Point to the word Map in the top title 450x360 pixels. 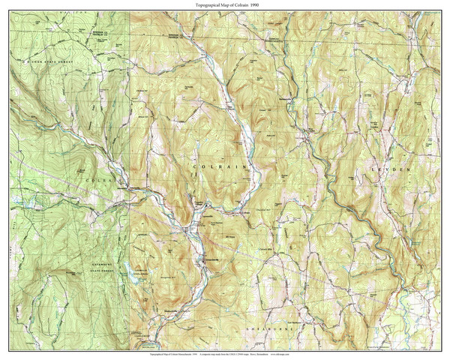[x=216, y=5]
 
